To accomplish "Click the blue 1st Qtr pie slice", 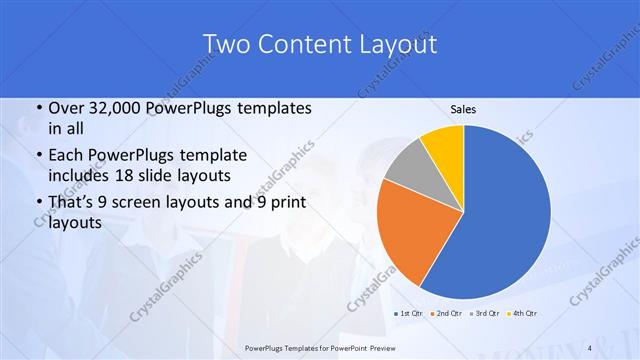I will click(x=505, y=215).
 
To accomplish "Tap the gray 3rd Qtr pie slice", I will click(x=410, y=165).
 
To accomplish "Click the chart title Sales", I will click(x=463, y=109).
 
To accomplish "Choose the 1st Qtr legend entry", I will click(x=411, y=314).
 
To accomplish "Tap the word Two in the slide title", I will click(x=226, y=44).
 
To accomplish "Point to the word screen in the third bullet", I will click(x=149, y=203).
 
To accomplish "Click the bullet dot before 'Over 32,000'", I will click(x=37, y=109).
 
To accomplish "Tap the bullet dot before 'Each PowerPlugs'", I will click(x=37, y=156).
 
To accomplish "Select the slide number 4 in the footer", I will click(x=590, y=347).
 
